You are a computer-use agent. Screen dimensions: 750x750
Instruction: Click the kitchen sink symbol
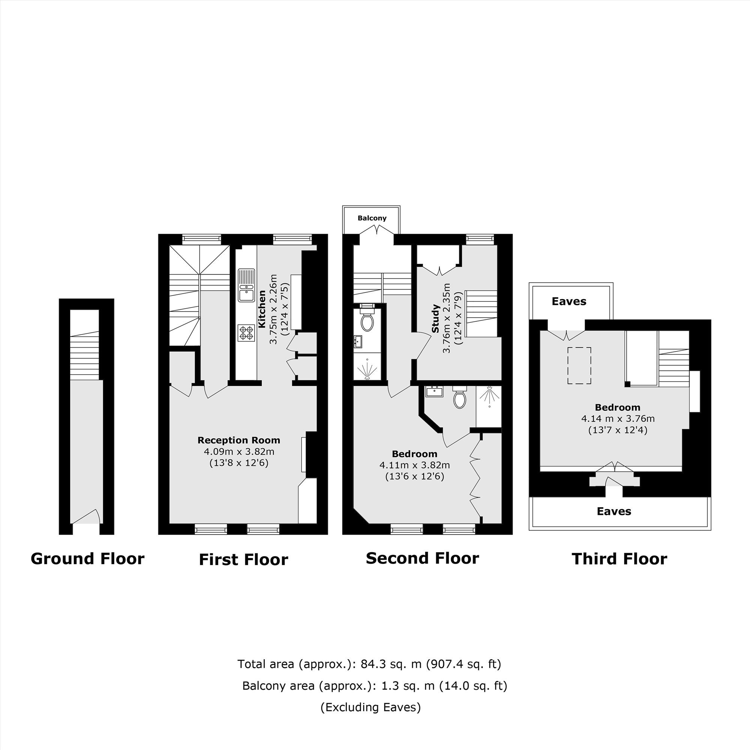pos(246,285)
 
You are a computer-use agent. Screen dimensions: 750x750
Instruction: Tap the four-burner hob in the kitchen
pos(246,333)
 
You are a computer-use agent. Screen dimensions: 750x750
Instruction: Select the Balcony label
pos(372,218)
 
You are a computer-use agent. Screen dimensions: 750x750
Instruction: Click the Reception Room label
pos(239,440)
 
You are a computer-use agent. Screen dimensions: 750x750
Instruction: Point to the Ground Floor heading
pos(87,559)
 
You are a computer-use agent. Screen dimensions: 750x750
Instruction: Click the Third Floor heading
pos(619,559)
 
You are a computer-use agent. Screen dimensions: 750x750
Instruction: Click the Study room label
pos(435,319)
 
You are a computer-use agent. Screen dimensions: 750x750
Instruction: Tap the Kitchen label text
pos(262,309)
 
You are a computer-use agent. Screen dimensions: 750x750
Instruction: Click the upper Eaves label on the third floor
pos(569,301)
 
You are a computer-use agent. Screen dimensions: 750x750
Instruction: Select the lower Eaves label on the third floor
pos(614,511)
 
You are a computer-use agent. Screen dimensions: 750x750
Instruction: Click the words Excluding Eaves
pos(371,707)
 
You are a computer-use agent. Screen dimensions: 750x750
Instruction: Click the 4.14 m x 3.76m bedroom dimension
pos(618,419)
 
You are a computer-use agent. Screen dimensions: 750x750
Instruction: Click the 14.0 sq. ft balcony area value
pos(473,685)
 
